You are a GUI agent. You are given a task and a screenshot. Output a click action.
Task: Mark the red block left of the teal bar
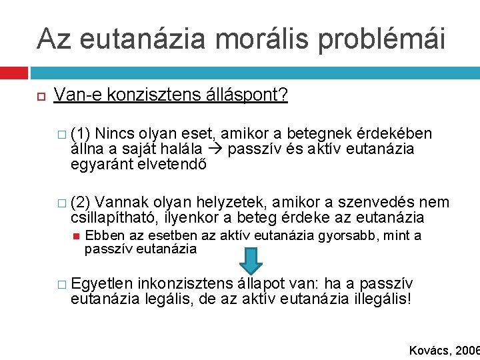[x=14, y=72]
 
